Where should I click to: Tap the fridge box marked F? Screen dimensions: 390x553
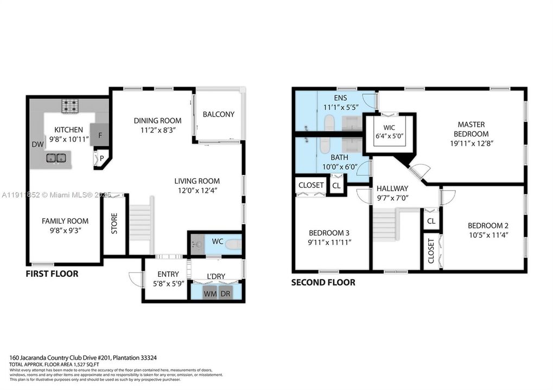(x=100, y=135)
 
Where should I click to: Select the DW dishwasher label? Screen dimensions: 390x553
(x=37, y=145)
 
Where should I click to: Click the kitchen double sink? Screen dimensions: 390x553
(x=56, y=158)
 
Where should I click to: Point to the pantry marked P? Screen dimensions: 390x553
(x=101, y=158)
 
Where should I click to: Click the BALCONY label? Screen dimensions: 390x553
(x=218, y=114)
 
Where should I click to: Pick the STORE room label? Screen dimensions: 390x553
(x=115, y=223)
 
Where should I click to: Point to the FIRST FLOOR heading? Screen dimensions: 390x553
(x=52, y=274)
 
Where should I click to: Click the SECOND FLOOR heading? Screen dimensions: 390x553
(x=323, y=282)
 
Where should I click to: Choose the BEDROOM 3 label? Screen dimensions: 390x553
(x=329, y=233)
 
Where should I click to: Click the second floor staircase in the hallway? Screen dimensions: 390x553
(x=386, y=223)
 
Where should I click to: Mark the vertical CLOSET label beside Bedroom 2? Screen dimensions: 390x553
(x=431, y=251)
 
